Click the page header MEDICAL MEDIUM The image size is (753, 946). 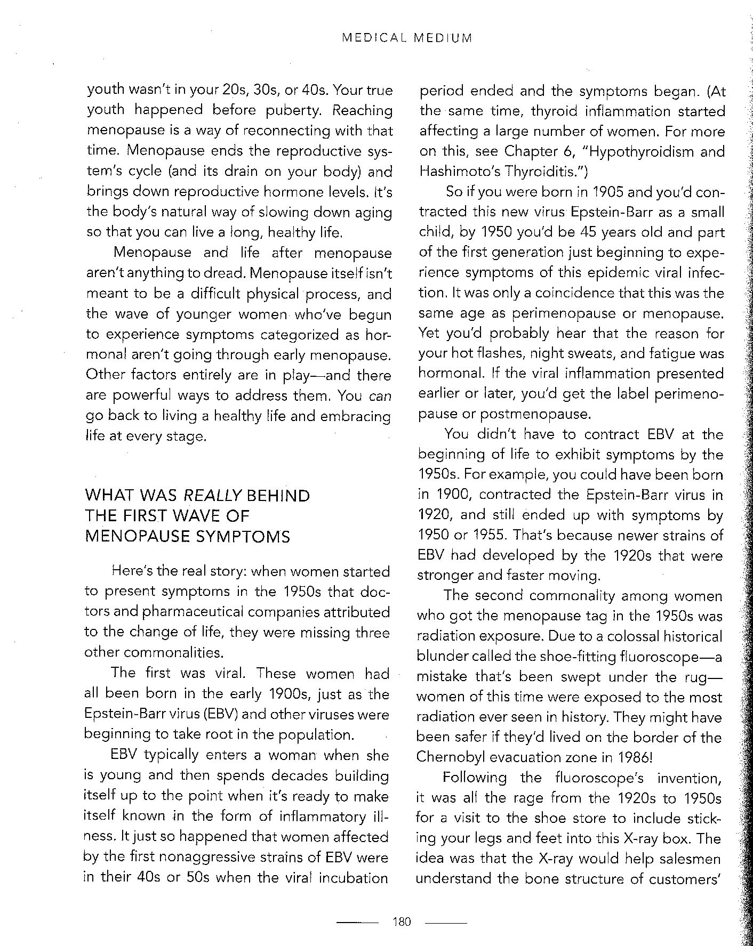point(406,38)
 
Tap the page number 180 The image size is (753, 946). point(402,921)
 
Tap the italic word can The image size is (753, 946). point(380,396)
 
